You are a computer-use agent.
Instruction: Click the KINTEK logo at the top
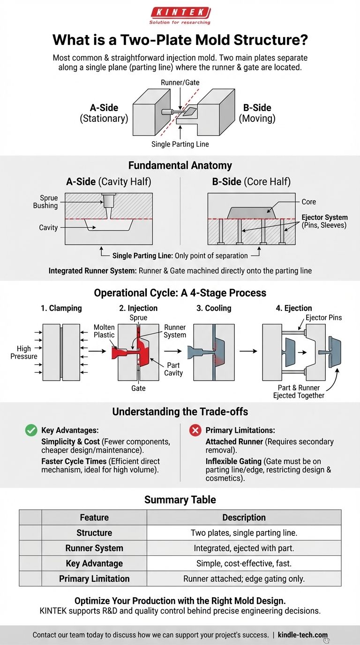[180, 13]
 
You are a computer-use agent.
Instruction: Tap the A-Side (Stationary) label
[103, 112]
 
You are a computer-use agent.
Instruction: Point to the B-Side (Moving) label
[257, 112]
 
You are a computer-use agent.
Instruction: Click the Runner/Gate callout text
[180, 82]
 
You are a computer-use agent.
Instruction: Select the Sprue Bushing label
[45, 202]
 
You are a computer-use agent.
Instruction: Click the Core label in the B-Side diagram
[308, 202]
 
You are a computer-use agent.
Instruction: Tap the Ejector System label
[325, 221]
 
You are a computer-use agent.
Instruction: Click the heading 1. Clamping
[61, 308]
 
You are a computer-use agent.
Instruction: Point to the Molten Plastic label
[104, 331]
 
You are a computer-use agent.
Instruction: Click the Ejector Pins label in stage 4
[323, 318]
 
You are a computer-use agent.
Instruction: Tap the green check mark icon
[31, 430]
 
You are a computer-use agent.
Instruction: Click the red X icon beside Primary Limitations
[195, 430]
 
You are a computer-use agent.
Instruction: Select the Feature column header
[94, 517]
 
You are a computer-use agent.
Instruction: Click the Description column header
[244, 517]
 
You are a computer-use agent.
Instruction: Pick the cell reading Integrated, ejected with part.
[244, 548]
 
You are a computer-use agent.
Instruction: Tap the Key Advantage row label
[94, 563]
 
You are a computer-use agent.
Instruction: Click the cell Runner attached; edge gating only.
[244, 579]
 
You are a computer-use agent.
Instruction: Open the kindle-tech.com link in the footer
[309, 635]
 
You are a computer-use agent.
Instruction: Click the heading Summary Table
[180, 500]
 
